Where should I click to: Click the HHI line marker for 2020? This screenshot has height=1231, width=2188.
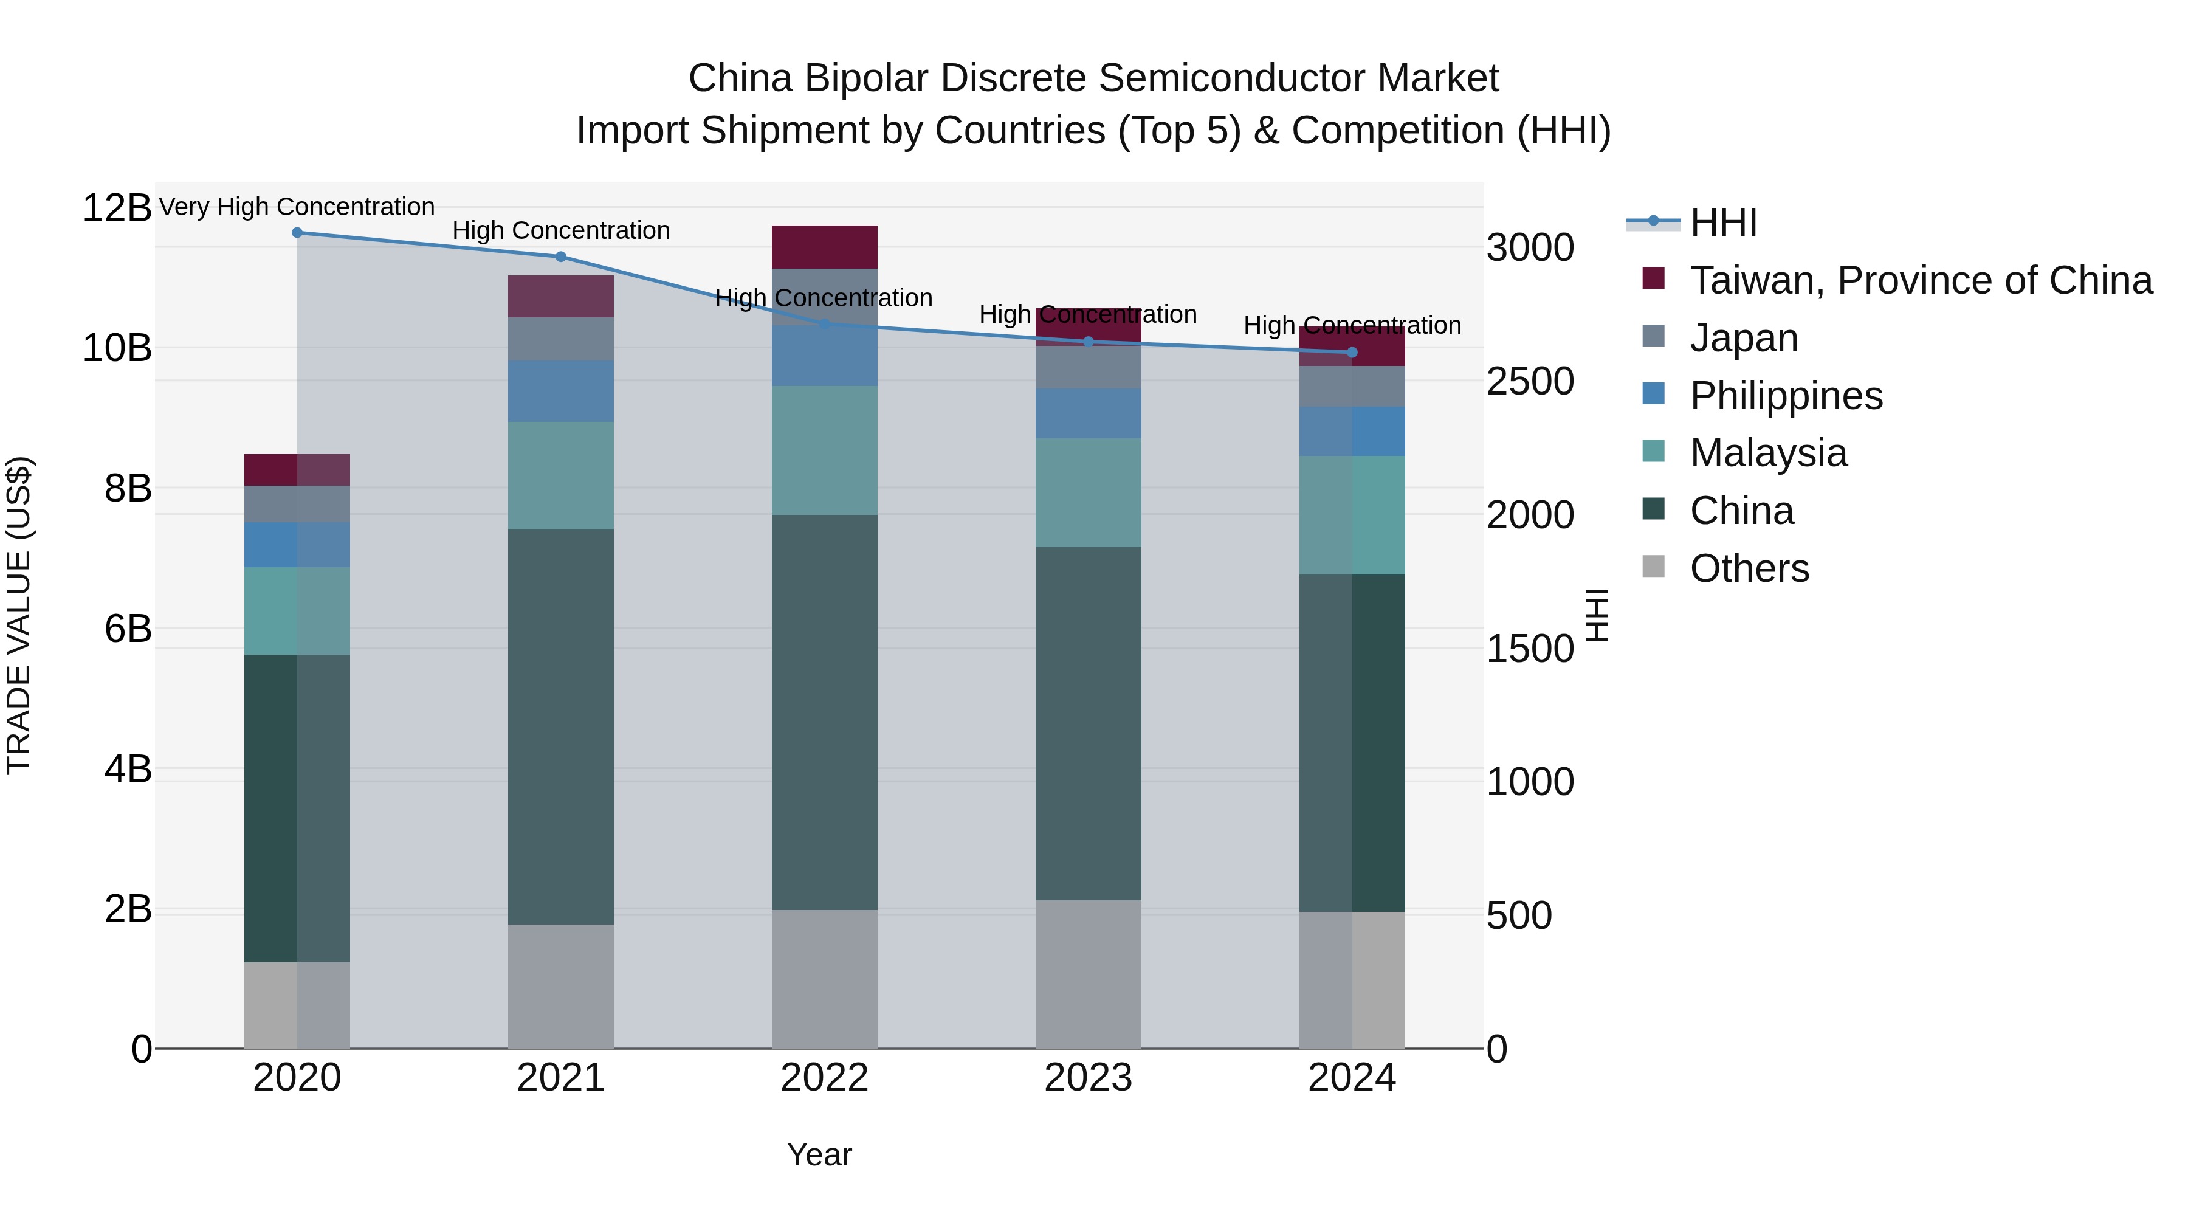[x=297, y=233]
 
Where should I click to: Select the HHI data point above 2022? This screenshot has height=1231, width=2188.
[x=825, y=323]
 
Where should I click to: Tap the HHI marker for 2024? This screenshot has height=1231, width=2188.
[x=1352, y=353]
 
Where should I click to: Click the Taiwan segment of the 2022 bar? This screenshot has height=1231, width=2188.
[x=825, y=247]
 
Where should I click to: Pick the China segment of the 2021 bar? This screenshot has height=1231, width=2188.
[x=560, y=726]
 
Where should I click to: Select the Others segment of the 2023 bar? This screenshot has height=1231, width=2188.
[x=1088, y=974]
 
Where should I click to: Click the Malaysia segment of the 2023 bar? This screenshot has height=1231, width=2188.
[x=1088, y=493]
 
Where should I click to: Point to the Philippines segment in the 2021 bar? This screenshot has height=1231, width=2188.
[x=560, y=391]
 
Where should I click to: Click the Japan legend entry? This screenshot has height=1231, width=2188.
[x=1743, y=338]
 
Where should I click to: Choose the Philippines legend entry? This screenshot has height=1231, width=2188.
[x=1786, y=396]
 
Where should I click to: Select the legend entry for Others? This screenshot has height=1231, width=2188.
[x=1749, y=568]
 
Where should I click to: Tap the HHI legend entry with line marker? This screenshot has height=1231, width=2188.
[x=1722, y=222]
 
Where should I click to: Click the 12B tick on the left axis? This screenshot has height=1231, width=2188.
[x=116, y=208]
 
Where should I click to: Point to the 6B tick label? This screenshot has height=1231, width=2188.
[x=128, y=630]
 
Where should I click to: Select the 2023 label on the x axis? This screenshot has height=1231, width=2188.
[x=1088, y=1078]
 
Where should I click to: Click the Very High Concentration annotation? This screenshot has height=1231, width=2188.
[x=297, y=207]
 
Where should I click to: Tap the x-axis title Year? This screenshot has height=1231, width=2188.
[x=819, y=1154]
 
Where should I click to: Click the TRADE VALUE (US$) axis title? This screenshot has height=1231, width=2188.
[x=19, y=615]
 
